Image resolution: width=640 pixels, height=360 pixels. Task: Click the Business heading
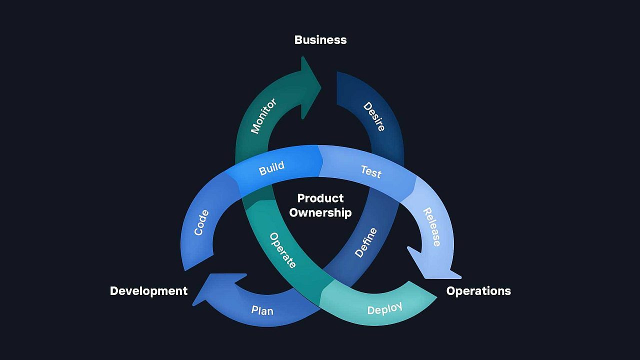(320, 40)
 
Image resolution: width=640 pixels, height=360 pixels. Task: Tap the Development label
(148, 291)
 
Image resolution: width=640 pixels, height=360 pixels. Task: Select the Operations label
(478, 291)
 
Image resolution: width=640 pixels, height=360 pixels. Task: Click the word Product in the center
(320, 198)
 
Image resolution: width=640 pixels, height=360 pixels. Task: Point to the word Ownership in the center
(320, 212)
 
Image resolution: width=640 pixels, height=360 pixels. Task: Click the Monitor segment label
(263, 116)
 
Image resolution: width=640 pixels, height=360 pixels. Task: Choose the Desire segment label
(374, 116)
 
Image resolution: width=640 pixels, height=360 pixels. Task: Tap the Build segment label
(271, 168)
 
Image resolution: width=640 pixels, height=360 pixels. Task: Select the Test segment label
(371, 172)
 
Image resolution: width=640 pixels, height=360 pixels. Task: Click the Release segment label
(432, 227)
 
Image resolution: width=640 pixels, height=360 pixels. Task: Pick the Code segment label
(201, 222)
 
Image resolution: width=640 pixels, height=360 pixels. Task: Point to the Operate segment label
(283, 250)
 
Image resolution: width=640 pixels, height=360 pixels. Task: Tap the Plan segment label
(262, 310)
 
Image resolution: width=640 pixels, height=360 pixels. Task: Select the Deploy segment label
(384, 309)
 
